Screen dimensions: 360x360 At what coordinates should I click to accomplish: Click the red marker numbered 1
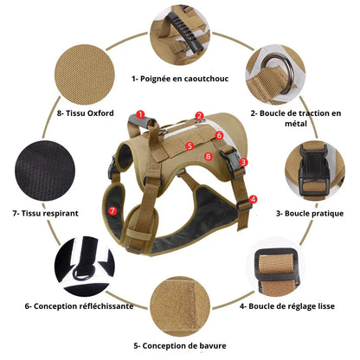click(140, 114)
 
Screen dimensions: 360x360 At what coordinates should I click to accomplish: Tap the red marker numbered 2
click(199, 116)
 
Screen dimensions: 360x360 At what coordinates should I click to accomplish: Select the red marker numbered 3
click(243, 162)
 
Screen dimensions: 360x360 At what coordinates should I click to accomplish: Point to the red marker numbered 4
click(253, 199)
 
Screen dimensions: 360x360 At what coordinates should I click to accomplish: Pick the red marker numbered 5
click(190, 146)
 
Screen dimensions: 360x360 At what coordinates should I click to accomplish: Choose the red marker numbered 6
click(219, 135)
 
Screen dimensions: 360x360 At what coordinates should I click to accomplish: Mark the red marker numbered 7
click(112, 210)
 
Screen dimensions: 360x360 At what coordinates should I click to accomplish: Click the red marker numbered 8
click(208, 157)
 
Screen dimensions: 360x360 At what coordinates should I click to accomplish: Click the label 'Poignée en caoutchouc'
click(184, 79)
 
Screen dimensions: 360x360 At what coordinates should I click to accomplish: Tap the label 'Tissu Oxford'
click(90, 113)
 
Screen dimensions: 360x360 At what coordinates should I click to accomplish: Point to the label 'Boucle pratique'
click(314, 214)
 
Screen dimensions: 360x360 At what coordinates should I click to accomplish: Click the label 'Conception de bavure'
click(184, 345)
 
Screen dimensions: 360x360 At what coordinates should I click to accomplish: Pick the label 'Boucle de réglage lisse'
click(292, 306)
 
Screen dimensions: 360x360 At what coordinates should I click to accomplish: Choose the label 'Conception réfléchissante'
click(83, 306)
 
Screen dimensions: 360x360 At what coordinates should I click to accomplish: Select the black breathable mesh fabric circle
click(45, 170)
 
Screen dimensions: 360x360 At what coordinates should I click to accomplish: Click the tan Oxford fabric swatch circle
click(85, 74)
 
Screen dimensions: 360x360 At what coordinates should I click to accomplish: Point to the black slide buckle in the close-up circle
click(276, 267)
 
